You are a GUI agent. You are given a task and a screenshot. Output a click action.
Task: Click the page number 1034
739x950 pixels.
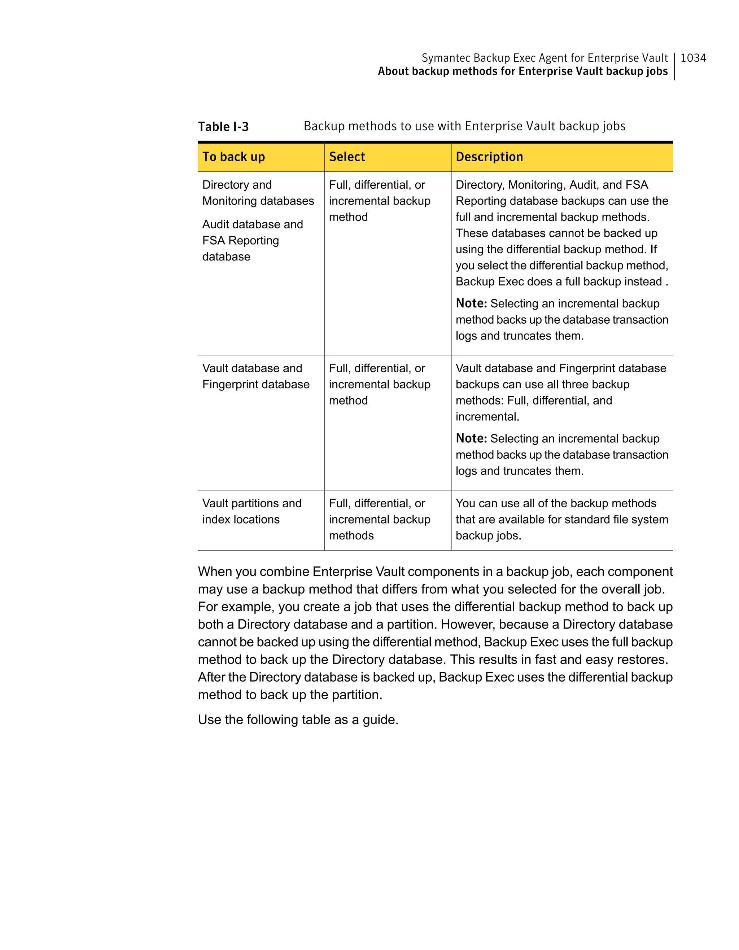(693, 58)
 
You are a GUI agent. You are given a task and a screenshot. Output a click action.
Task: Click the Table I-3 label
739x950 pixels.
(223, 127)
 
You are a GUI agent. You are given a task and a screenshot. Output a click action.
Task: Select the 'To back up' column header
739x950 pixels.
(233, 157)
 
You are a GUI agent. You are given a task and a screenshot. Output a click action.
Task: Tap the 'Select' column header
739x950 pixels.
(347, 157)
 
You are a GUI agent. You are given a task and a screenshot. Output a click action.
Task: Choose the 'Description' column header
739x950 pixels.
(489, 157)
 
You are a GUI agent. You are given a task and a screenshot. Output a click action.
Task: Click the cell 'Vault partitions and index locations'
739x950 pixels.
(252, 511)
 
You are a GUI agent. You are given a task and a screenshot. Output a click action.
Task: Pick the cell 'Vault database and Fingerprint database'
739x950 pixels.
(255, 376)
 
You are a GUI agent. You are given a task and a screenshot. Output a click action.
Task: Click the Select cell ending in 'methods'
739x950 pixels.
(379, 519)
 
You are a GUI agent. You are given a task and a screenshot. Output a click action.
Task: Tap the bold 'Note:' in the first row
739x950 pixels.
(471, 303)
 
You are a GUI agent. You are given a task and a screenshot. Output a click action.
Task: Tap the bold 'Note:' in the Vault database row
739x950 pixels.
(471, 438)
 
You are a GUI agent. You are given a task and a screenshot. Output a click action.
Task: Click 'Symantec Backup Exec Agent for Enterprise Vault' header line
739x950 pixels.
(544, 58)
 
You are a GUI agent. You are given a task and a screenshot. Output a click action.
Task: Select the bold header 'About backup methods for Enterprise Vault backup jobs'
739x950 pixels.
(522, 71)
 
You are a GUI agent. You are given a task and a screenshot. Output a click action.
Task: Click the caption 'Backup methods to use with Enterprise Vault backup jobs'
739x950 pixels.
(464, 126)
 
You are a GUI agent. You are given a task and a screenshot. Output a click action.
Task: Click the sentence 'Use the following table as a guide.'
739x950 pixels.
(298, 719)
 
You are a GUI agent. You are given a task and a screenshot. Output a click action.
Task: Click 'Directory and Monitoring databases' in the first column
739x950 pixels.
(258, 193)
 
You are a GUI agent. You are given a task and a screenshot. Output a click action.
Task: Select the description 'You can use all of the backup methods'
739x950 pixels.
(555, 503)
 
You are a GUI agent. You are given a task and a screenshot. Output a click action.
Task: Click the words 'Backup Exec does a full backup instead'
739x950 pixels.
(559, 281)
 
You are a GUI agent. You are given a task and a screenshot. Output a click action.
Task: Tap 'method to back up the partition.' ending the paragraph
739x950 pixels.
(290, 695)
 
